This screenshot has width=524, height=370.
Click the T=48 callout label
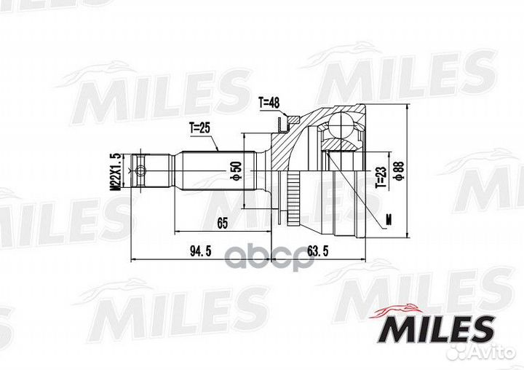tap(269, 103)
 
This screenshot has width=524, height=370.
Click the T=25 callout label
tap(200, 127)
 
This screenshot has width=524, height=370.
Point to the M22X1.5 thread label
tap(115, 172)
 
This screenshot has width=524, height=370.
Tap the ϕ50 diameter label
tap(236, 170)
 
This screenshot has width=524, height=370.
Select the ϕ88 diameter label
tap(400, 171)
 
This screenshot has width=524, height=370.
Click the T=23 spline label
tap(381, 177)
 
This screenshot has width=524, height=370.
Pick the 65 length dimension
tap(222, 223)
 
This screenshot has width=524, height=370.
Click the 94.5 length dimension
tap(201, 251)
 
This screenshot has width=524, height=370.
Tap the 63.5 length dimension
tap(317, 251)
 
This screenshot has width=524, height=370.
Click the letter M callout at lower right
tap(389, 220)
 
